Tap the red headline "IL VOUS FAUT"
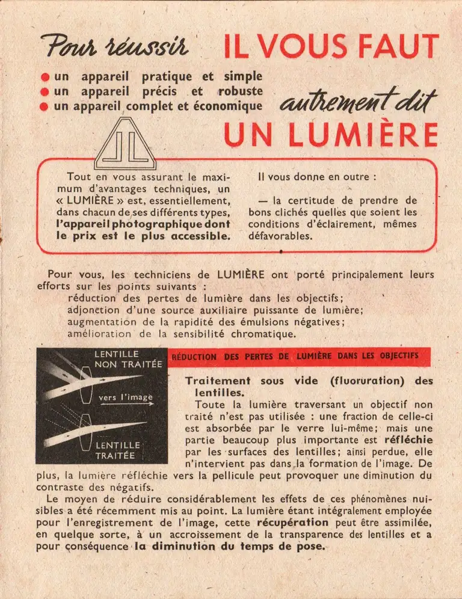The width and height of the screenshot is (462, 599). [331, 46]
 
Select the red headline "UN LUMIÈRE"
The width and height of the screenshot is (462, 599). [330, 135]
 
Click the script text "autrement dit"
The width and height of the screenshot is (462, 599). [357, 103]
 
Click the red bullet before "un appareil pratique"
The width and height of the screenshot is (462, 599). [45, 78]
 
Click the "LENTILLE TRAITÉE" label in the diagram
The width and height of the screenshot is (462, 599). [117, 450]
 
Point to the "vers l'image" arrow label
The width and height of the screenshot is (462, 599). [125, 398]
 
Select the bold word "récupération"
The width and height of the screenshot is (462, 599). [294, 522]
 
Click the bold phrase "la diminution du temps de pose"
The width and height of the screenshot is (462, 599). [229, 547]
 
